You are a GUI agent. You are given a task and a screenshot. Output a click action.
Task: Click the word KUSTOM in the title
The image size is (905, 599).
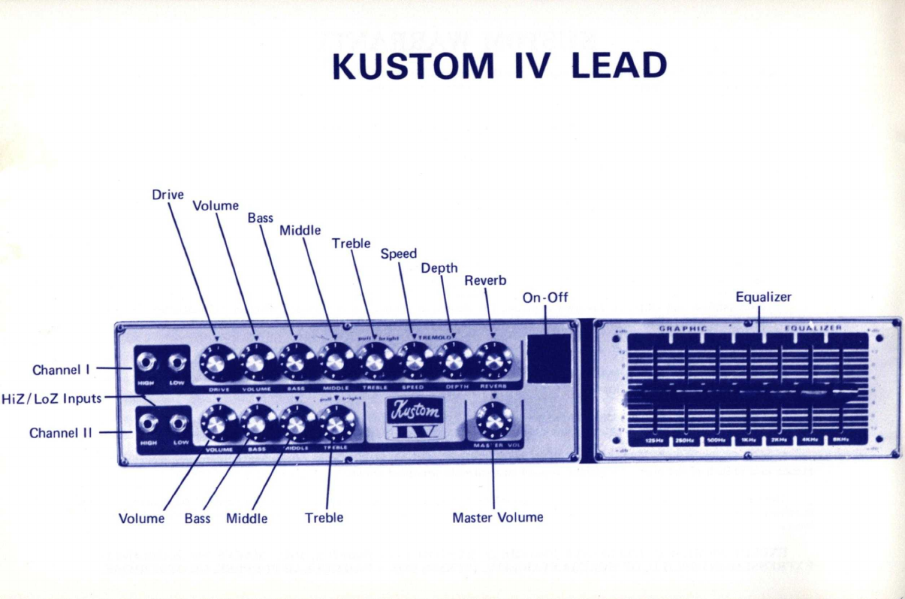[412, 67]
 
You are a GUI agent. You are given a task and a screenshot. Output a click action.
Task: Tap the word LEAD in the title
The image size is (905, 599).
[619, 67]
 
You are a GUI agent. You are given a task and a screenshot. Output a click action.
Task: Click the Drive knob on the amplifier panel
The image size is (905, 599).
[216, 363]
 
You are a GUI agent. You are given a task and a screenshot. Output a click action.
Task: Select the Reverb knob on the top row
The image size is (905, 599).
[493, 362]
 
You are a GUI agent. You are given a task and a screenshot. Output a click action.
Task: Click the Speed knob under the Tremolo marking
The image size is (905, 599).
[414, 362]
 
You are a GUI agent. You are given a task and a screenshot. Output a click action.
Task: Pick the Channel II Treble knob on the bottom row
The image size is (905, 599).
[337, 424]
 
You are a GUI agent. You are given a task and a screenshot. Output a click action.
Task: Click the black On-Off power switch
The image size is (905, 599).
[549, 358]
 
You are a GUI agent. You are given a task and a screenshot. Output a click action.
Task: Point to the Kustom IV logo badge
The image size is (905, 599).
[414, 419]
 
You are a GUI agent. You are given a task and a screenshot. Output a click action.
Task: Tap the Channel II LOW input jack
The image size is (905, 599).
[179, 425]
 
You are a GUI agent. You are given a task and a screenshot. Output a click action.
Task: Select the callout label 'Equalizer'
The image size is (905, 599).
[763, 297]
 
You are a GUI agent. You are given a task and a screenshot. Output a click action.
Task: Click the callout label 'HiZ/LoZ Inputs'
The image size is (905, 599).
[51, 398]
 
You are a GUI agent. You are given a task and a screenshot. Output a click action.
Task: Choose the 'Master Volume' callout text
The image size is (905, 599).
[497, 518]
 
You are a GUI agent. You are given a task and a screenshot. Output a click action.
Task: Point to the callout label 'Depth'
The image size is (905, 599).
[439, 268]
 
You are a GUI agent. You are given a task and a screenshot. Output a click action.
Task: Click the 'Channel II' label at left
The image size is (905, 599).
[60, 433]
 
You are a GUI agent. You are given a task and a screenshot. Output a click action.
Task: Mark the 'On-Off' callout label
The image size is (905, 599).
[545, 297]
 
